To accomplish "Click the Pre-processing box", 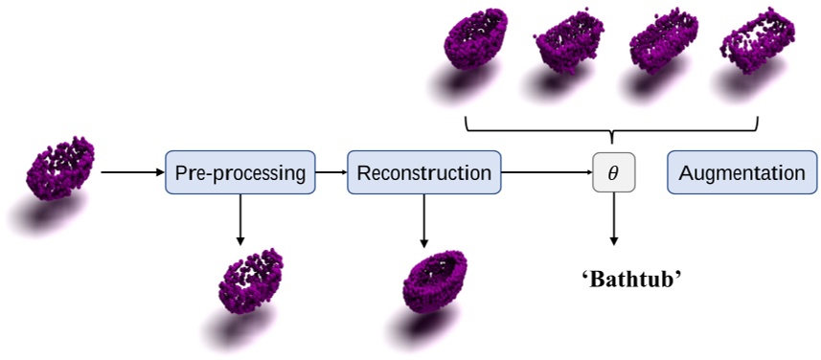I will tap(239, 173).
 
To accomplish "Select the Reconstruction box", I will tap(423, 173).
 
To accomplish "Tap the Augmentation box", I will tap(741, 173).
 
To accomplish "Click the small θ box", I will tap(613, 173).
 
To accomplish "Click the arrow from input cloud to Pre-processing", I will tap(132, 173).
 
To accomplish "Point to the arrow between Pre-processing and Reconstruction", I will tap(331, 173).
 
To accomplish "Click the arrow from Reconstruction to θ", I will tap(547, 173).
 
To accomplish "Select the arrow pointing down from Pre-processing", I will tap(239, 217).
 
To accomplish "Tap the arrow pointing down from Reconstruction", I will tap(422, 217).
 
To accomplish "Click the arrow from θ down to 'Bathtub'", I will tap(613, 219).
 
